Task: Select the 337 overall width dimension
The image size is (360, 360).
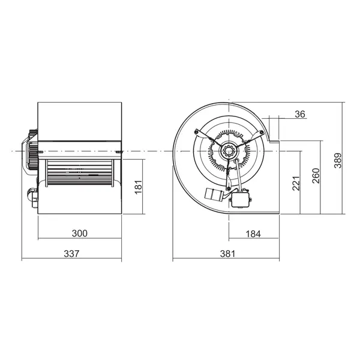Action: pos(71,254)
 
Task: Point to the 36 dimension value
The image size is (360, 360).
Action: pos(301,114)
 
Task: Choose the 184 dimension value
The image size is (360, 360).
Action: pos(253,233)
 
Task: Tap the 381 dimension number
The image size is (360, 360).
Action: pos(226,254)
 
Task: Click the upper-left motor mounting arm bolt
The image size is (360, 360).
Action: pos(196,131)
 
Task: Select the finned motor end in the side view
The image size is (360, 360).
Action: pos(28,150)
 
